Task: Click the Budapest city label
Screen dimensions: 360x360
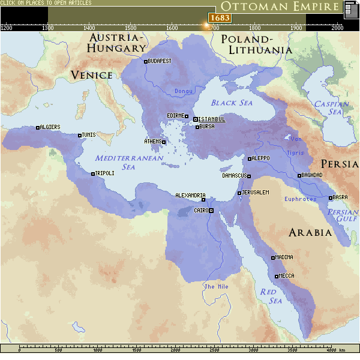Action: [x=160, y=61]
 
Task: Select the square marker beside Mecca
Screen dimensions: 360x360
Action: [x=276, y=277]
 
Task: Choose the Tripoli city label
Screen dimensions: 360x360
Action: [x=104, y=173]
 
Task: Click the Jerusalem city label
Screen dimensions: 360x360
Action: [x=256, y=193]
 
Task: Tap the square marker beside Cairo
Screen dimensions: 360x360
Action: [x=211, y=211]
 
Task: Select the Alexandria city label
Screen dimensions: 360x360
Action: [x=190, y=196]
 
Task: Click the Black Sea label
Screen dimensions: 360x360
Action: [x=232, y=103]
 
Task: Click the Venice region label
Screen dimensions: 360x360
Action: [x=91, y=75]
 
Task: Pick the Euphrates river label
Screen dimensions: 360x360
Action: [x=300, y=199]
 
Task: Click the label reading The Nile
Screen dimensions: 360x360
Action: [x=216, y=287]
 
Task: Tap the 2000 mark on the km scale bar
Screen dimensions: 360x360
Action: [x=175, y=350]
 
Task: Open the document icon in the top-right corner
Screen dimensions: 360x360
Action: [x=351, y=9]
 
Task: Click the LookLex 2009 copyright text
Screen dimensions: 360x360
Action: [x=180, y=356]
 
